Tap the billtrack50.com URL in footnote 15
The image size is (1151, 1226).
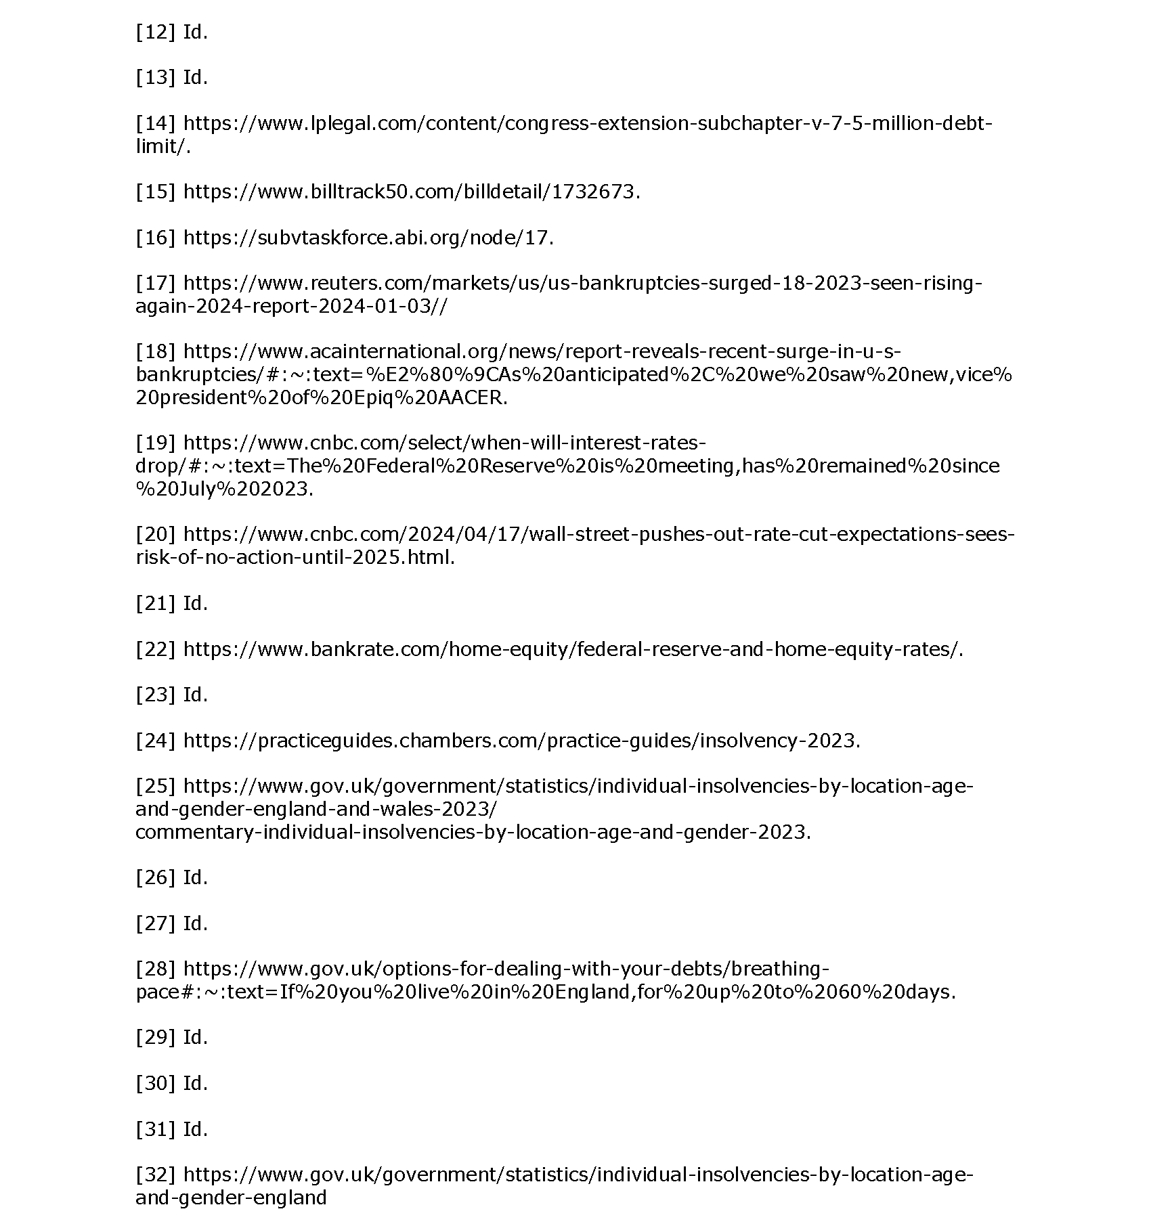[411, 192]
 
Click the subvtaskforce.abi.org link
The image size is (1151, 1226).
[368, 238]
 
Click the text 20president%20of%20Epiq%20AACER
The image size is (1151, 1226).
[321, 397]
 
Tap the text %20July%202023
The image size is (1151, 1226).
[224, 489]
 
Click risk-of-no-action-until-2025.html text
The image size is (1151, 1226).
[295, 557]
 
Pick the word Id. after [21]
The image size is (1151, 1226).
[195, 603]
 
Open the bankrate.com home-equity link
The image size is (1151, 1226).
[573, 649]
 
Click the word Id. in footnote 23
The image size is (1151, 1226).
[195, 695]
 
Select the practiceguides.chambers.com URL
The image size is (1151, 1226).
[521, 741]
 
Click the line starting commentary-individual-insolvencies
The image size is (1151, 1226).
[473, 832]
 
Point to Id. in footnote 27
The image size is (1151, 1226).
[195, 923]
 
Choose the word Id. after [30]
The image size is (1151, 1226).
[195, 1083]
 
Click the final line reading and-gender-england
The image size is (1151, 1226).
[231, 1198]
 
